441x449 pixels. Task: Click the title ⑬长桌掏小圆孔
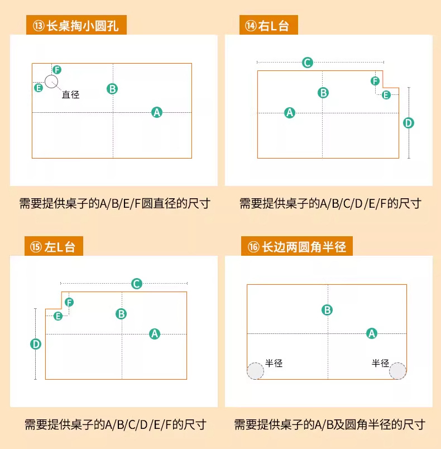76,26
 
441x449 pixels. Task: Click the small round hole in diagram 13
51,82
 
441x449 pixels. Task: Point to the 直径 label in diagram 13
71,95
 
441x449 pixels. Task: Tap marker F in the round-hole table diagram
57,69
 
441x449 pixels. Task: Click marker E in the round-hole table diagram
39,88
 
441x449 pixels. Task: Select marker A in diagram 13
157,112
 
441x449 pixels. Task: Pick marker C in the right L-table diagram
307,63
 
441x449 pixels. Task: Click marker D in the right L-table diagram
409,123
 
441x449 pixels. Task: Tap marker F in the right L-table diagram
375,81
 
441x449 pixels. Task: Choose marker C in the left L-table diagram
136,284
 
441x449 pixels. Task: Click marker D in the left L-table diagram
36,345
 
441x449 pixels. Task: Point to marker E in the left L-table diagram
57,316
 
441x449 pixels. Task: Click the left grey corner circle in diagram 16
256,371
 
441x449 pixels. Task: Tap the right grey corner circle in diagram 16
397,371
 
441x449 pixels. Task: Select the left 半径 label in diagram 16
274,363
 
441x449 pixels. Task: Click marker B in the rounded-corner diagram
328,310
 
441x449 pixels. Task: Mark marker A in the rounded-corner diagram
371,333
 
